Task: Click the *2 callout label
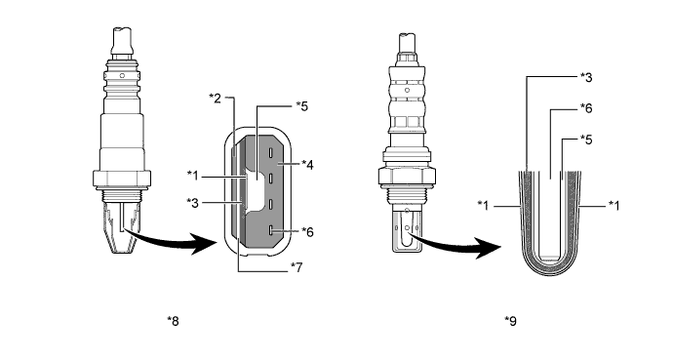[215, 99]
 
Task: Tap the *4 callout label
[307, 164]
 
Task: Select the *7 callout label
[297, 267]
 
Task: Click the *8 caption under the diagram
[173, 321]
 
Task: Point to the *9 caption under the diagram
[511, 321]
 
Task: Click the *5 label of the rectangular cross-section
[302, 106]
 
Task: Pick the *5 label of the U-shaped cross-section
[586, 140]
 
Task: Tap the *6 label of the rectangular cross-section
[307, 231]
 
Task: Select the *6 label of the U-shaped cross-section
[586, 108]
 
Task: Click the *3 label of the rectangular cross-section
[193, 203]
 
